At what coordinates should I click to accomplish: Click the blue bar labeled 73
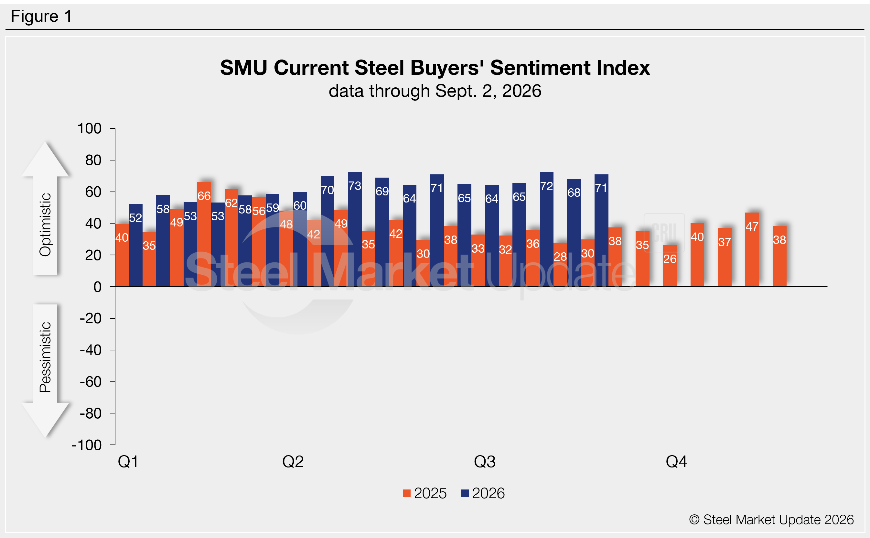tap(354, 229)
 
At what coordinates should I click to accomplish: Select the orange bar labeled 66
tap(204, 234)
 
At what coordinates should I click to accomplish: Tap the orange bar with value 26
tap(670, 266)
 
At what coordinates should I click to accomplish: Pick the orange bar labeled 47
tap(752, 249)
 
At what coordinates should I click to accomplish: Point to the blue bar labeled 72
tap(546, 229)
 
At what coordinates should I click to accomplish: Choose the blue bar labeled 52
tap(135, 246)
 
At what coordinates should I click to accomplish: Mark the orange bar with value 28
tap(560, 265)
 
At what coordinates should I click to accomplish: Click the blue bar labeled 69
tap(382, 232)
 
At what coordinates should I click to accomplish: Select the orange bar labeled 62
tap(231, 238)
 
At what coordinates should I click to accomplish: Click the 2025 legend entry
tap(424, 493)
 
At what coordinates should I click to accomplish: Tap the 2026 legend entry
tap(483, 493)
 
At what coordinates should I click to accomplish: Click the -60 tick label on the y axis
tap(90, 382)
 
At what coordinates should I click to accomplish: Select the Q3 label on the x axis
tap(485, 462)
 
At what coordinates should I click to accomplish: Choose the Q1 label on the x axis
tap(128, 462)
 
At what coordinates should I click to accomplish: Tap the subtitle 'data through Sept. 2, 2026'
tap(435, 91)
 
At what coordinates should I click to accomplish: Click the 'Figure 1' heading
tap(41, 16)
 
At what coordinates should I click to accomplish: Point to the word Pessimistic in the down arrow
tap(45, 357)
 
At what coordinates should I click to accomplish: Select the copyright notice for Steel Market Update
tap(771, 520)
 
